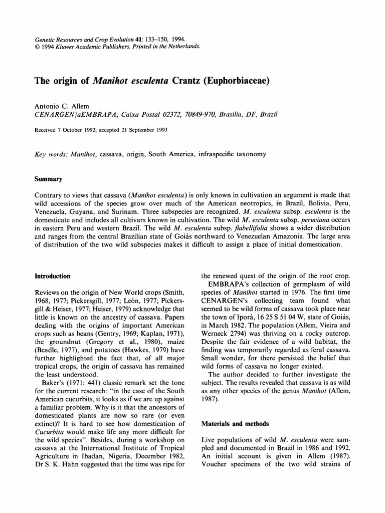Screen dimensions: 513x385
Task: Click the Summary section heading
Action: click(x=48, y=178)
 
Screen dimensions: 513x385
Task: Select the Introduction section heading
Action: click(x=52, y=276)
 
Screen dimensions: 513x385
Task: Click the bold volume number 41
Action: click(x=118, y=38)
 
